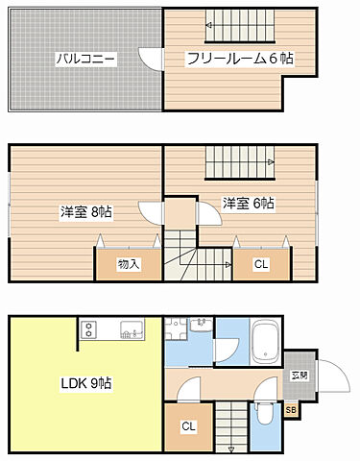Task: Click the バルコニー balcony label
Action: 85,60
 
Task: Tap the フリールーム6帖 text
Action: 239,60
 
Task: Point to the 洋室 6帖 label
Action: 249,204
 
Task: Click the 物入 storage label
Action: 129,264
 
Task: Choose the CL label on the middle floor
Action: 261,265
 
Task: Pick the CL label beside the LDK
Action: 188,426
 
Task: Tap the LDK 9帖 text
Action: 85,383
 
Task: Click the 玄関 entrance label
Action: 299,376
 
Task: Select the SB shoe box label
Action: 291,410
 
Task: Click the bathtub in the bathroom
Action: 264,340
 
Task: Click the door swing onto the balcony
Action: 151,60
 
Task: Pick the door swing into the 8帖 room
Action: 152,212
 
